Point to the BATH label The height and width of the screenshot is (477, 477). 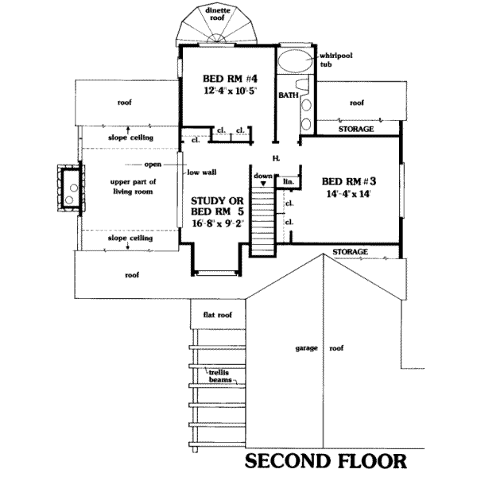pos(287,95)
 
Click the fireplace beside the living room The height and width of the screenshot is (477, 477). pos(68,188)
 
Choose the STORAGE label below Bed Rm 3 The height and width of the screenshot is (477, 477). pos(351,252)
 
